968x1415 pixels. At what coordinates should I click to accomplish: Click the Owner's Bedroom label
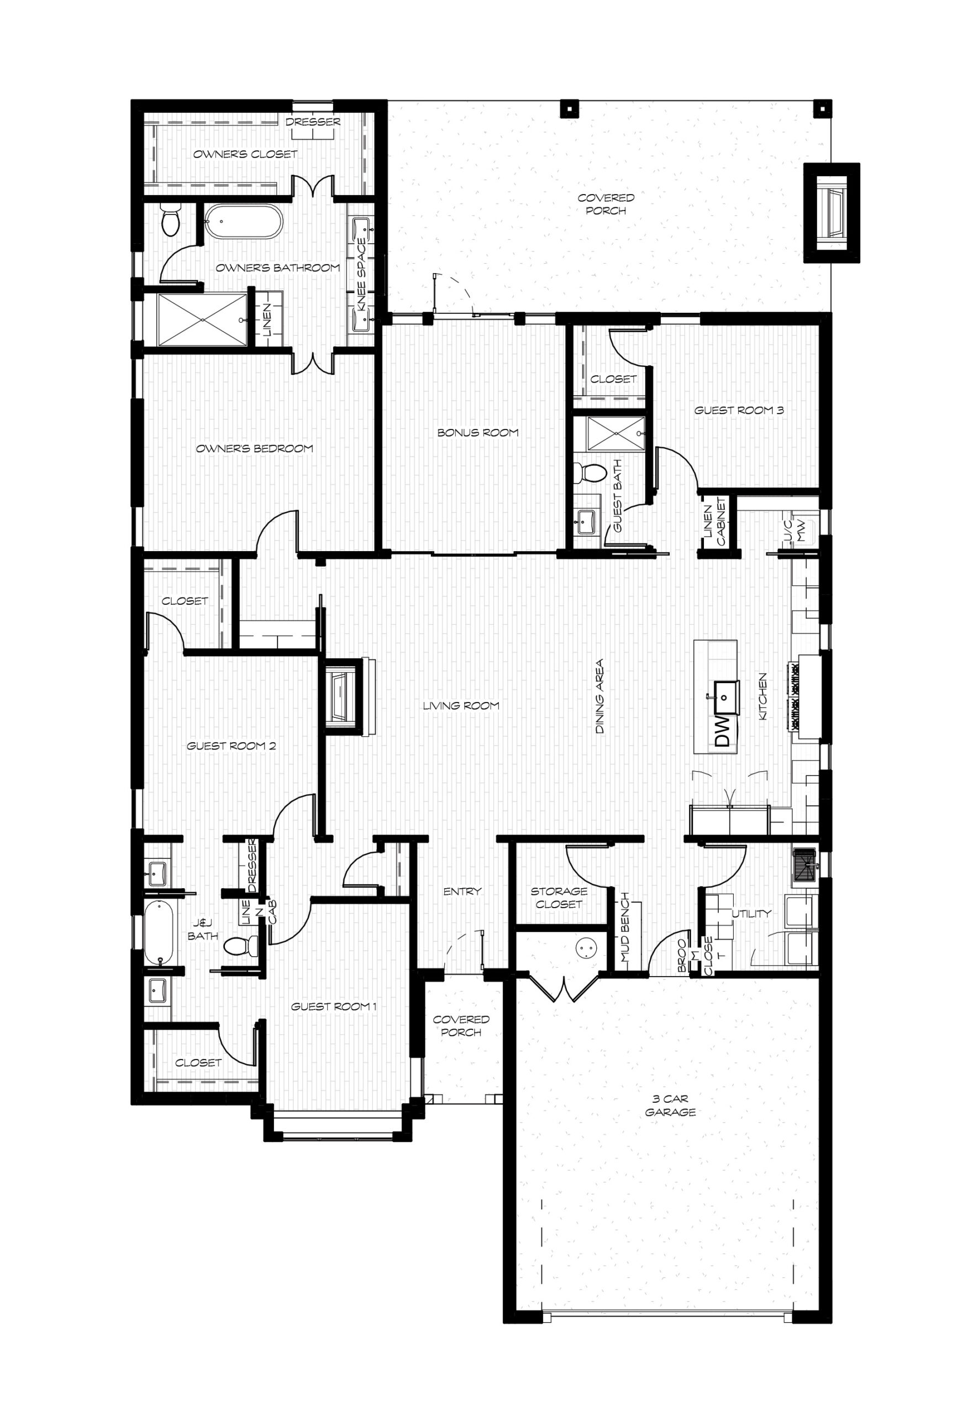pos(255,449)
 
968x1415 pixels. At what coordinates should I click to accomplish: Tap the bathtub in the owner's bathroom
pos(244,222)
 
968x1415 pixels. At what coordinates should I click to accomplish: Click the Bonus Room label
pos(478,433)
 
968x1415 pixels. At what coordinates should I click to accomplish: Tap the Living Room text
pos(461,706)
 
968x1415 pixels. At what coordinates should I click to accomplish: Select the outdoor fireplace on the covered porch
pos(832,212)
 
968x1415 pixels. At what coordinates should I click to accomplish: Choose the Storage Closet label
pos(559,898)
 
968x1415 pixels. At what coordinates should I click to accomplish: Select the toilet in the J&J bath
pos(241,946)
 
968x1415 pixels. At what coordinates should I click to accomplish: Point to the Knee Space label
pos(362,275)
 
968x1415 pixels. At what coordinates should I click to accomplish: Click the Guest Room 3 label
pos(739,410)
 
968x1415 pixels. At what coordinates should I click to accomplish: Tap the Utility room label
pos(751,913)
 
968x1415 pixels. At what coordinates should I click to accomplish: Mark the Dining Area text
pos(599,696)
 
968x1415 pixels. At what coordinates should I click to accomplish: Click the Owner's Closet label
pos(245,155)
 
